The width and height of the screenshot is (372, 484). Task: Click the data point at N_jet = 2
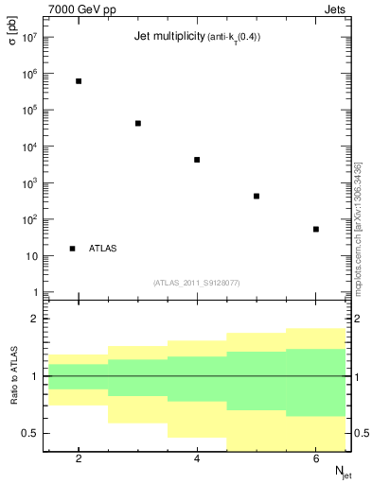coord(79,81)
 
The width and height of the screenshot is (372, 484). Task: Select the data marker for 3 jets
coord(138,123)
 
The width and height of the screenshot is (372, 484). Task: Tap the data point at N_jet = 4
coord(197,160)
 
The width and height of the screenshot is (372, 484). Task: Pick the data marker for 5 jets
coord(257,197)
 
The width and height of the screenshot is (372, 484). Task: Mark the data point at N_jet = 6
coord(316,229)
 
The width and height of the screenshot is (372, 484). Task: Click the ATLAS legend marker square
coord(73,249)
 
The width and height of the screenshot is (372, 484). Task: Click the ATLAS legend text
coord(103,249)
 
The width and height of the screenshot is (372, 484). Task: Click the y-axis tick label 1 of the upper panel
coord(33,293)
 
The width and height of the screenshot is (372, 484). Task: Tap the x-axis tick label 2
coord(79,458)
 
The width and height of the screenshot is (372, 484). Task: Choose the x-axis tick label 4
coord(197,458)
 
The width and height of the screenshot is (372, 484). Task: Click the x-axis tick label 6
coord(316,458)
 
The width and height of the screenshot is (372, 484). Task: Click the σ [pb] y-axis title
coord(13,43)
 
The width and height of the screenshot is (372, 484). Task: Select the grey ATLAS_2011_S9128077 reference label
coord(197,283)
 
